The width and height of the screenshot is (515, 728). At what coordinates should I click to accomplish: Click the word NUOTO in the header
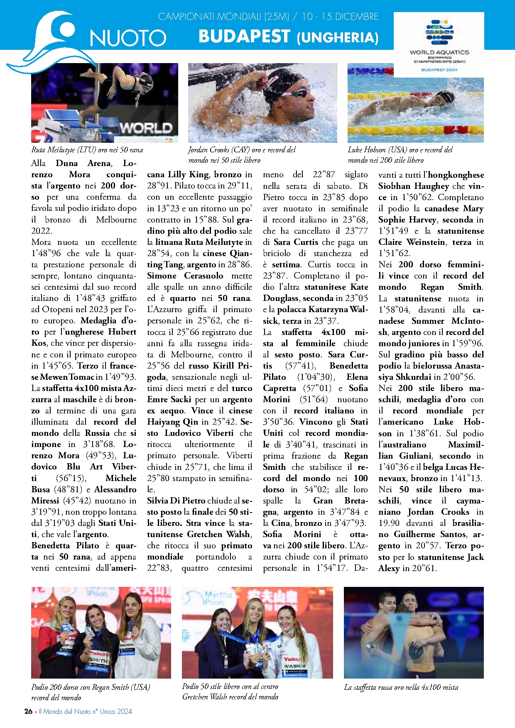(128, 38)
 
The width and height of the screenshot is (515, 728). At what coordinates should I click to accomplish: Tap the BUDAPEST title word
(244, 37)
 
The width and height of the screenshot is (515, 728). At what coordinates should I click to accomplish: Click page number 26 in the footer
(28, 711)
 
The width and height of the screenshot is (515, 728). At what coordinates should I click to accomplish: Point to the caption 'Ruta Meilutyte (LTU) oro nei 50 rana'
(87, 150)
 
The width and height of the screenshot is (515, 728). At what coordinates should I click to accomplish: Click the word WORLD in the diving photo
(146, 128)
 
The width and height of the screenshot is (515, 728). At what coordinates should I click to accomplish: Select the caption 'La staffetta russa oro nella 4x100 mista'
(401, 687)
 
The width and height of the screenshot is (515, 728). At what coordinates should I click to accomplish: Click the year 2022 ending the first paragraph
(41, 231)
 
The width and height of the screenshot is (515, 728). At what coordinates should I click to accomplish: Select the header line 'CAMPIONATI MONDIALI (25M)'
(223, 17)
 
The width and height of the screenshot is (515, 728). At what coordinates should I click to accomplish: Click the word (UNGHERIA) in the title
(337, 38)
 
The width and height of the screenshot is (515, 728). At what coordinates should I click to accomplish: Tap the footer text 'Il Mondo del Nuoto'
(64, 711)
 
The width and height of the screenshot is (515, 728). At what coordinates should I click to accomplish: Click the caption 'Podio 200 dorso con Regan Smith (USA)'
(91, 687)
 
